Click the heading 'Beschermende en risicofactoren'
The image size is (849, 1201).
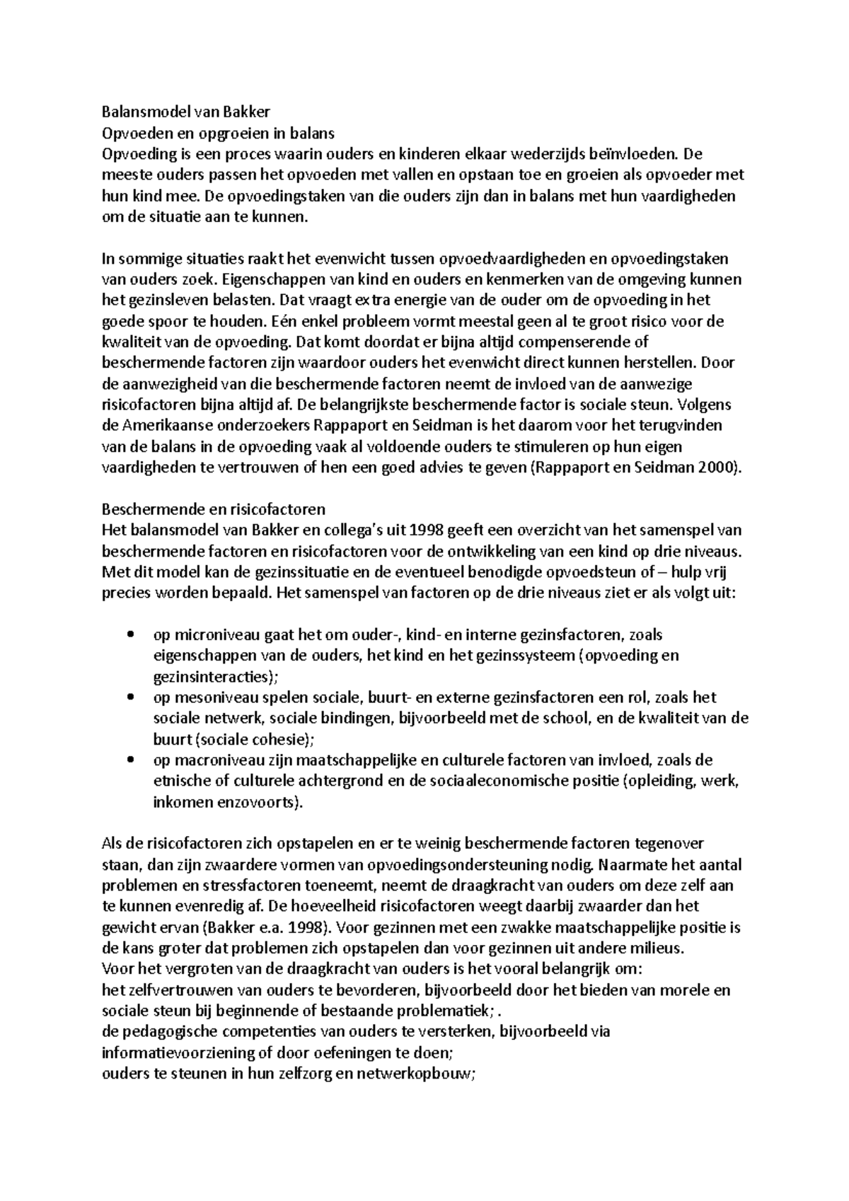coord(214,509)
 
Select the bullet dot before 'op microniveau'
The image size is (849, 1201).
coord(129,634)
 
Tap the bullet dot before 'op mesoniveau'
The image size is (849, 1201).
coord(129,697)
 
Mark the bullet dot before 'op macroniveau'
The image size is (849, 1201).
coord(129,760)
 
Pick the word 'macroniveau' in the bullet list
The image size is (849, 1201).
coord(213,760)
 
